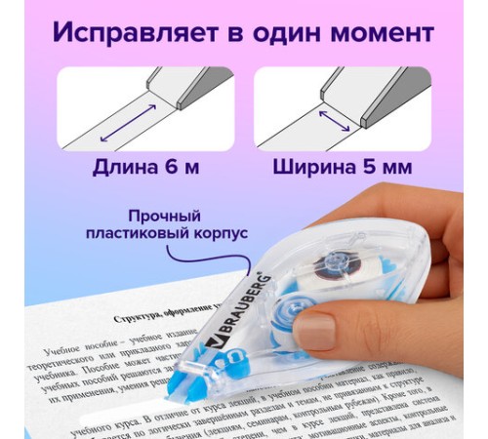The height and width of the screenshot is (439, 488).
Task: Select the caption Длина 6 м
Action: (145, 167)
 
